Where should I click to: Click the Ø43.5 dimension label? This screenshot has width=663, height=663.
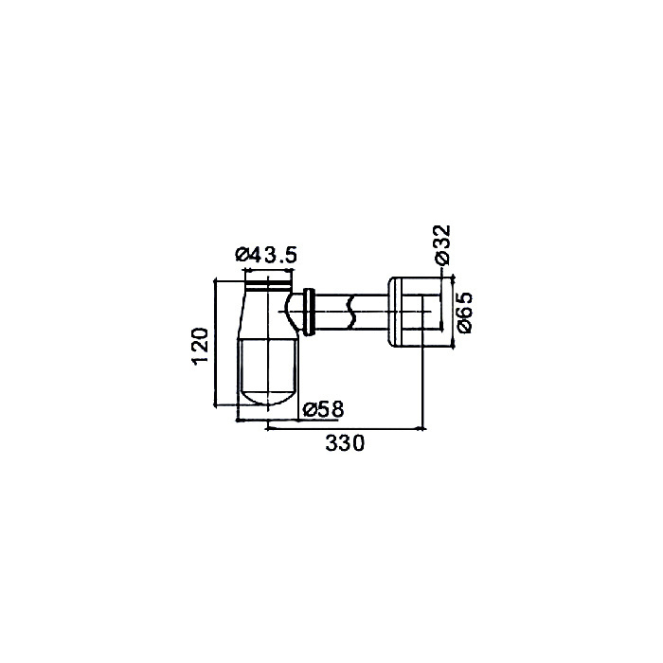click(266, 256)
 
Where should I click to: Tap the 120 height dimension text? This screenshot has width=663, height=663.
click(200, 346)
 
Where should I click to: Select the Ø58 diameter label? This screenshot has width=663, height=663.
click(324, 409)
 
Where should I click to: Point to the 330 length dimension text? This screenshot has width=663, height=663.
click(345, 443)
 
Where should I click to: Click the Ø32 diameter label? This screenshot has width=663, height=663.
click(443, 244)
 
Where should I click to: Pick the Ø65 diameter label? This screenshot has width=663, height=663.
click(463, 313)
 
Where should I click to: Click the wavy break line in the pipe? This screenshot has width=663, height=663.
click(350, 313)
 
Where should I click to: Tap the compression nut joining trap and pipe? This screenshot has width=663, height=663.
click(310, 313)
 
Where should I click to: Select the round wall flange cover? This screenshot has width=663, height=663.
click(415, 313)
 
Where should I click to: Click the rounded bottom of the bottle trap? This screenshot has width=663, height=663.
click(267, 396)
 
